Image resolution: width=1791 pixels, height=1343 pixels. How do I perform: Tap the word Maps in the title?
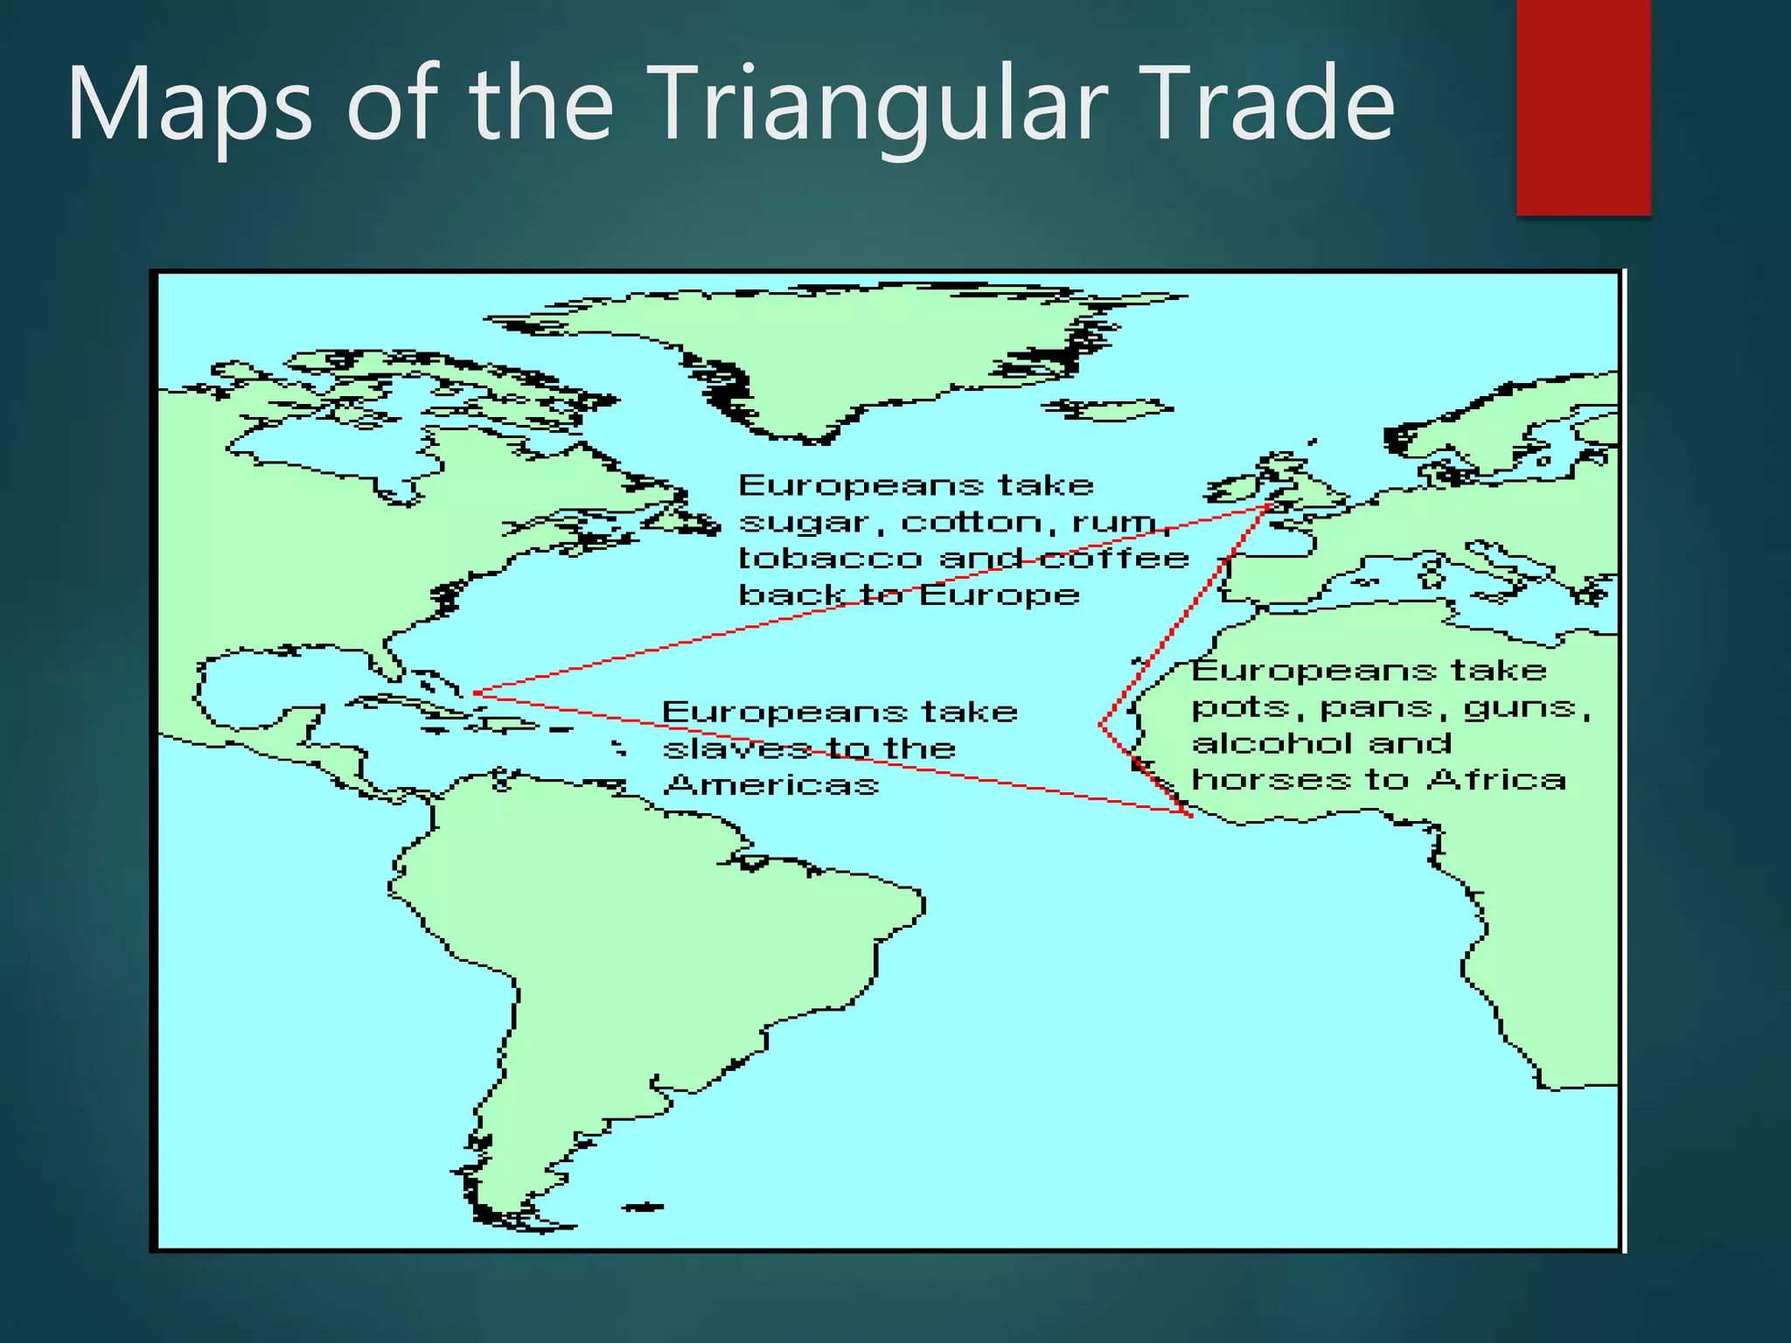point(189,105)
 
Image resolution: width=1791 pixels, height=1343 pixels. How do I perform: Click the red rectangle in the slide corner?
point(1583,105)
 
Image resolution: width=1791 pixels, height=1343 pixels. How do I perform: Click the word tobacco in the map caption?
point(830,558)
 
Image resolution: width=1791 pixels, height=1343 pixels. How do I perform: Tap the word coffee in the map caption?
point(1115,558)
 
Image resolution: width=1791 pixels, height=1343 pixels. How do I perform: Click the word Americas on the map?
point(770,785)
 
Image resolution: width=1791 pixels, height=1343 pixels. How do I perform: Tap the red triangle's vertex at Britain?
point(1268,505)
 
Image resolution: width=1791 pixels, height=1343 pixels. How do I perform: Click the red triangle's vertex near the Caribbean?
point(475,693)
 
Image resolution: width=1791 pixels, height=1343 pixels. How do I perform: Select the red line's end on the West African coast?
point(1190,816)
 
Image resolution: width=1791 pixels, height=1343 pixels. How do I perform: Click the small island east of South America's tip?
point(643,1207)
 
